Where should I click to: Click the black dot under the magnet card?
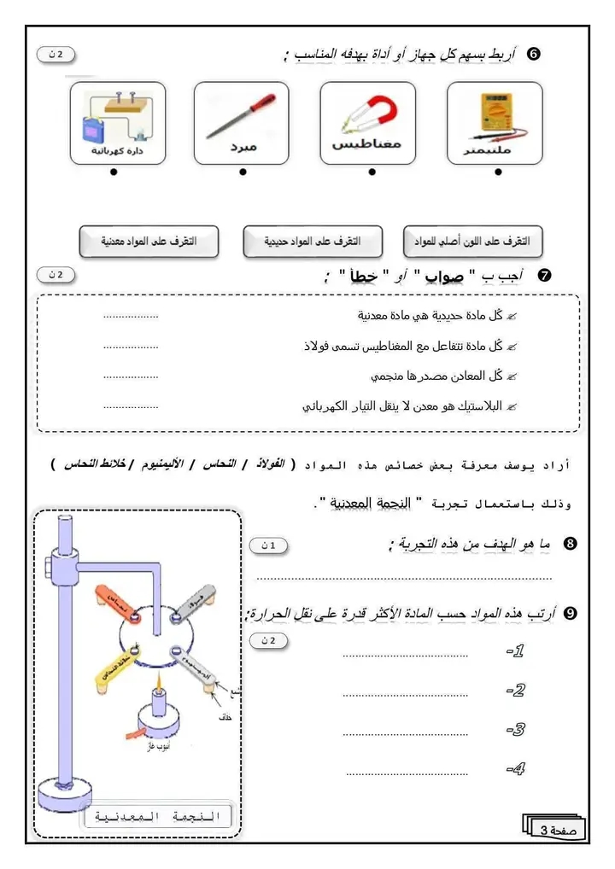pos(372,172)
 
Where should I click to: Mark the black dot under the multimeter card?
pos(499,172)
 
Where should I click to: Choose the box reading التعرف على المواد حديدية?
pos(314,242)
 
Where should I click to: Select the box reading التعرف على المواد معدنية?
pos(149,242)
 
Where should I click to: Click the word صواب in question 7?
pos(443,276)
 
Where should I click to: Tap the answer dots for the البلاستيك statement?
pos(131,407)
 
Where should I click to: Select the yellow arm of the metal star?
pos(113,667)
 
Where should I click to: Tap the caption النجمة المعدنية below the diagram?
pos(158,817)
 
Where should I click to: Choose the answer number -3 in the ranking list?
pos(515,730)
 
